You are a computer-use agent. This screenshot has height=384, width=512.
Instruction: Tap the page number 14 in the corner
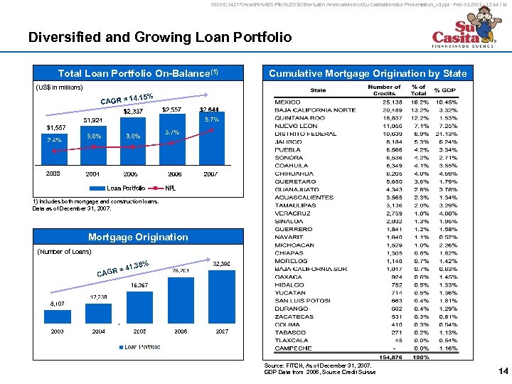tap(503, 370)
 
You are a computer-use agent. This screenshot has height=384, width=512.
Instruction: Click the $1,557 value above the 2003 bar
tap(56, 127)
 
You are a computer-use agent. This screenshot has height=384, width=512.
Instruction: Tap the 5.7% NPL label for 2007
tap(210, 119)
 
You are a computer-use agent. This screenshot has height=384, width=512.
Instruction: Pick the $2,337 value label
tap(133, 111)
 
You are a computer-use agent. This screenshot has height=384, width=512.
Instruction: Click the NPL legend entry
tap(170, 188)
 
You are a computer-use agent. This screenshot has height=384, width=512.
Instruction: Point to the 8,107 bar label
tap(58, 303)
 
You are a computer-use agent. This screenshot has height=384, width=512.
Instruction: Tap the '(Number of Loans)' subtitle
tap(63, 251)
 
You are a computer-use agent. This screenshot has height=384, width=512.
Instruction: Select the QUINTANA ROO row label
tap(299, 117)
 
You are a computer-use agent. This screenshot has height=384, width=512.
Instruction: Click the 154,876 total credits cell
tap(392, 357)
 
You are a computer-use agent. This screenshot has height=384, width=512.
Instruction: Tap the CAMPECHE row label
tap(293, 348)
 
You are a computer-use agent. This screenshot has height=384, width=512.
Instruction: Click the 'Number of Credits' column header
tap(384, 90)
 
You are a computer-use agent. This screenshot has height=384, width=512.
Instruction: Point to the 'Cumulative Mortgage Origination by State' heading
tap(368, 73)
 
